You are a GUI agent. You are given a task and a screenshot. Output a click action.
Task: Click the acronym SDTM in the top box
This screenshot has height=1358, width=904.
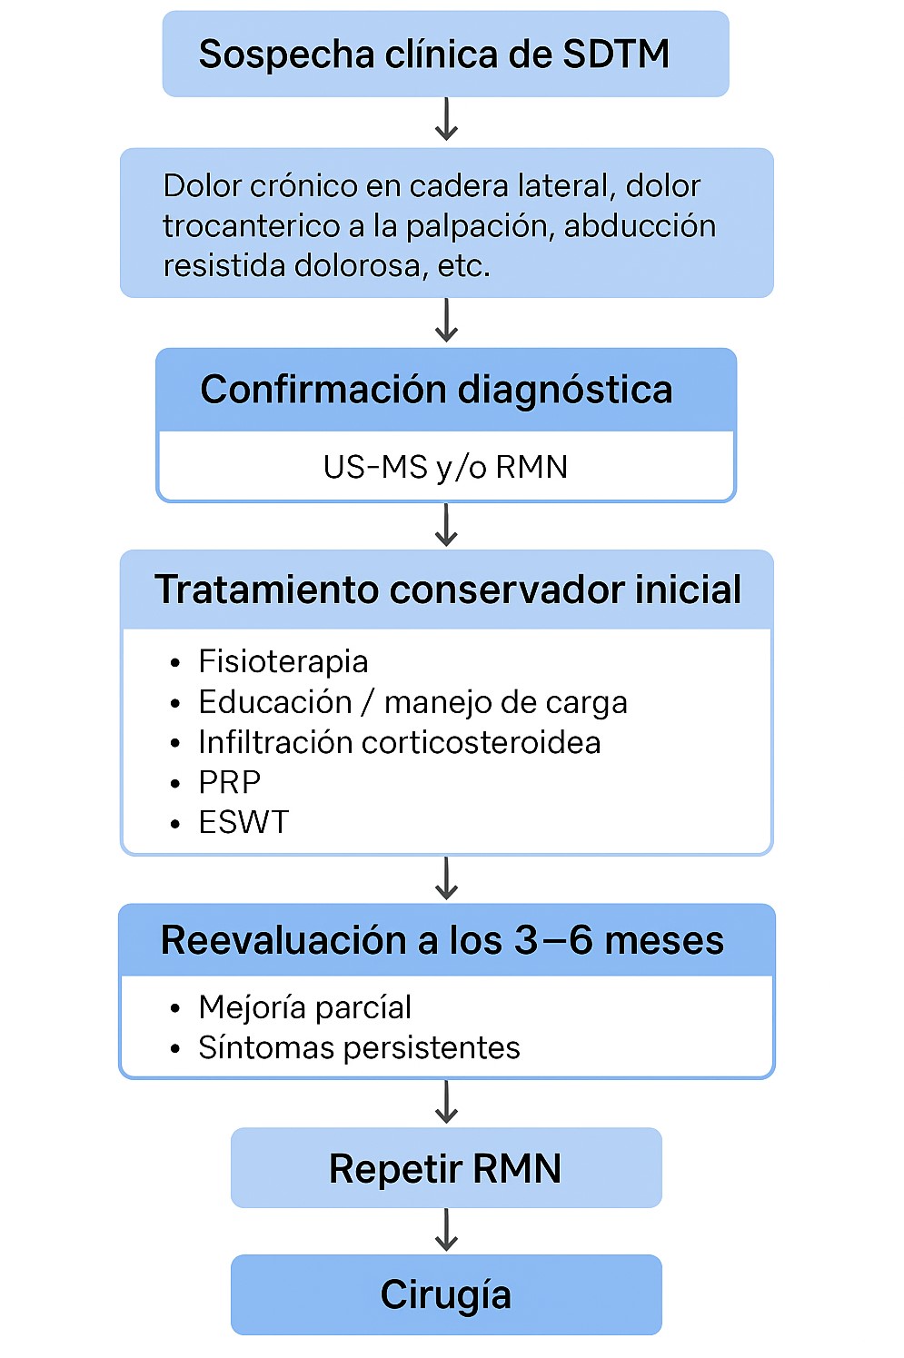615,55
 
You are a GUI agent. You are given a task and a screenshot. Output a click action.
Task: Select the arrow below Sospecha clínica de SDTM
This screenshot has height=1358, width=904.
446,121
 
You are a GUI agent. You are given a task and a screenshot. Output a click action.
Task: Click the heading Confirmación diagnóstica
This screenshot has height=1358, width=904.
436,390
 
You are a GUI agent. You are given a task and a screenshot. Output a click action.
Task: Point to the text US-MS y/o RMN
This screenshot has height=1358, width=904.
445,467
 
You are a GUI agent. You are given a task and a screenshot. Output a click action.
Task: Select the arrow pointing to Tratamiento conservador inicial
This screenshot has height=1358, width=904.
446,525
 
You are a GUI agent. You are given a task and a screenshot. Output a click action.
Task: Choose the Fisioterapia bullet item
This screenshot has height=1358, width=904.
283,661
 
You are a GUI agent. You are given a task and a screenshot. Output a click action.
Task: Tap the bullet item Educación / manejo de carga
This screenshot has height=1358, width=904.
412,702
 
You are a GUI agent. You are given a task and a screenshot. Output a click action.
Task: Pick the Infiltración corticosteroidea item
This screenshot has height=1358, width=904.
399,742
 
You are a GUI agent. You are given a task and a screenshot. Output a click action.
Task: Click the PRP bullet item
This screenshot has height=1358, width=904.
229,782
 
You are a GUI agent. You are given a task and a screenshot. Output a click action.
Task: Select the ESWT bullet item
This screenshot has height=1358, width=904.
243,822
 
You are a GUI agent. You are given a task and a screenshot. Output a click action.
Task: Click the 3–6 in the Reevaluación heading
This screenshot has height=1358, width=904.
554,940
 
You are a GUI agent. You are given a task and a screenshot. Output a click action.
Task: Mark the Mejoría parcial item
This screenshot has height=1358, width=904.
304,1007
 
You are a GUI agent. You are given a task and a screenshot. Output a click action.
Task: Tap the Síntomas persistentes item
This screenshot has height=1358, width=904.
359,1047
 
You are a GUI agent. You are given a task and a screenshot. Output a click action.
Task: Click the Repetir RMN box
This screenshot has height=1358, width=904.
445,1168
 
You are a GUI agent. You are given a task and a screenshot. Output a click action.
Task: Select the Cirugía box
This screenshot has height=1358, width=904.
445,1294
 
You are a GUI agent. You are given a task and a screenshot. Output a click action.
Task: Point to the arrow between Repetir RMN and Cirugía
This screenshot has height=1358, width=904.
446,1231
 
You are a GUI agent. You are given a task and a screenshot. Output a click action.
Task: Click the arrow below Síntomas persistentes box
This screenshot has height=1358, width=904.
446,1103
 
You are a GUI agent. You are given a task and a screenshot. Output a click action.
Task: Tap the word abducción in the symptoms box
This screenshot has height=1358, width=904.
640,225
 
